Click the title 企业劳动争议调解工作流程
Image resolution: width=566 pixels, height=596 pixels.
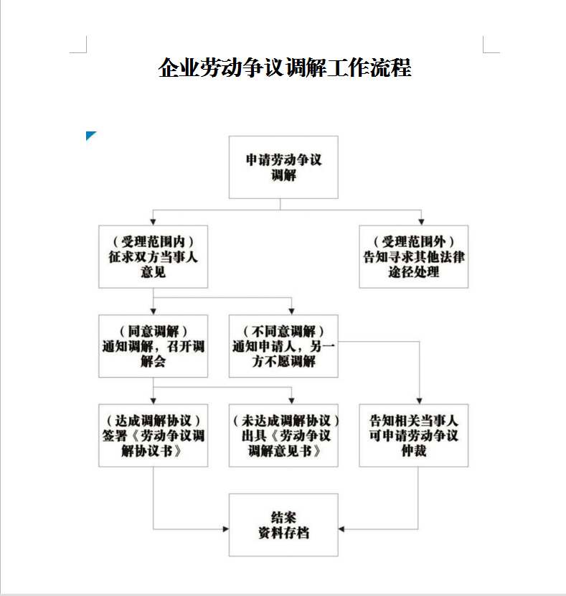(x=285, y=67)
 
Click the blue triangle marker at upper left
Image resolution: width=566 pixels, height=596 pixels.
(x=90, y=135)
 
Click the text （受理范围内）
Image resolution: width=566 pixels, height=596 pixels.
(x=153, y=241)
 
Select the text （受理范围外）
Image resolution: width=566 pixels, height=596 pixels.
(x=414, y=241)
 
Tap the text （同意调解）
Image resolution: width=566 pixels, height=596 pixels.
(x=153, y=331)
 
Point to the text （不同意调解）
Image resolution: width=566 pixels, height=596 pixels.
(x=283, y=331)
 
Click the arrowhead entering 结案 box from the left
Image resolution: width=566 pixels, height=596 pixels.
(x=226, y=529)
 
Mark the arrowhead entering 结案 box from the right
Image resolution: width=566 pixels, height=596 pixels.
(x=341, y=529)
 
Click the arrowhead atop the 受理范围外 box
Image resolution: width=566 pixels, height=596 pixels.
(x=421, y=223)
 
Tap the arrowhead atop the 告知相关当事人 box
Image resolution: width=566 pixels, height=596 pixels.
(x=420, y=401)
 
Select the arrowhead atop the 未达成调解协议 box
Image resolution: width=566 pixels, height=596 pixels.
(x=291, y=401)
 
